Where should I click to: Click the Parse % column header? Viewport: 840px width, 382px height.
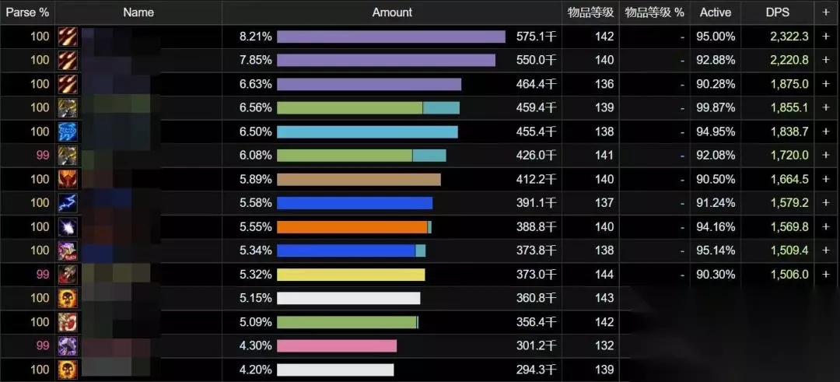(x=27, y=12)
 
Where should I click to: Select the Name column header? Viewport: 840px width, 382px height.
(x=138, y=12)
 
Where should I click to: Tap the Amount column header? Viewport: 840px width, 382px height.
(x=392, y=12)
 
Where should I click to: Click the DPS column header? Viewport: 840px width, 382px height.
(x=776, y=12)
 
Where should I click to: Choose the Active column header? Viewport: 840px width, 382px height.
(x=715, y=12)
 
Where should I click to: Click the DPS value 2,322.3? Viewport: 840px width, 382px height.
(x=787, y=37)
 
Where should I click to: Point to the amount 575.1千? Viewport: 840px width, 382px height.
(x=536, y=37)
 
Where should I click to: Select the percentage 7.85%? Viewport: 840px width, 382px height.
(x=256, y=60)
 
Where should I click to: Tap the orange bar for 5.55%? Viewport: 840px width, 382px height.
(x=352, y=227)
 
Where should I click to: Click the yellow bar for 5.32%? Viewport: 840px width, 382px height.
(x=351, y=275)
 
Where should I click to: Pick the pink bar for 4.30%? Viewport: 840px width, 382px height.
(x=337, y=346)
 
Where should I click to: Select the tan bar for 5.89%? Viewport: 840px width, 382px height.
(x=359, y=180)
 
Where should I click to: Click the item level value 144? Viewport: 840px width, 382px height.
(x=604, y=275)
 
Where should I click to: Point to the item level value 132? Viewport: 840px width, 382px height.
(x=604, y=346)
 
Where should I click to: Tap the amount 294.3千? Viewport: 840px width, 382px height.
(x=536, y=370)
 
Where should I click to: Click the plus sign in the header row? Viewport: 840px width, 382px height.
(x=826, y=12)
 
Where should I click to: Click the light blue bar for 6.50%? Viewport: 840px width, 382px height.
(x=367, y=131)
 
